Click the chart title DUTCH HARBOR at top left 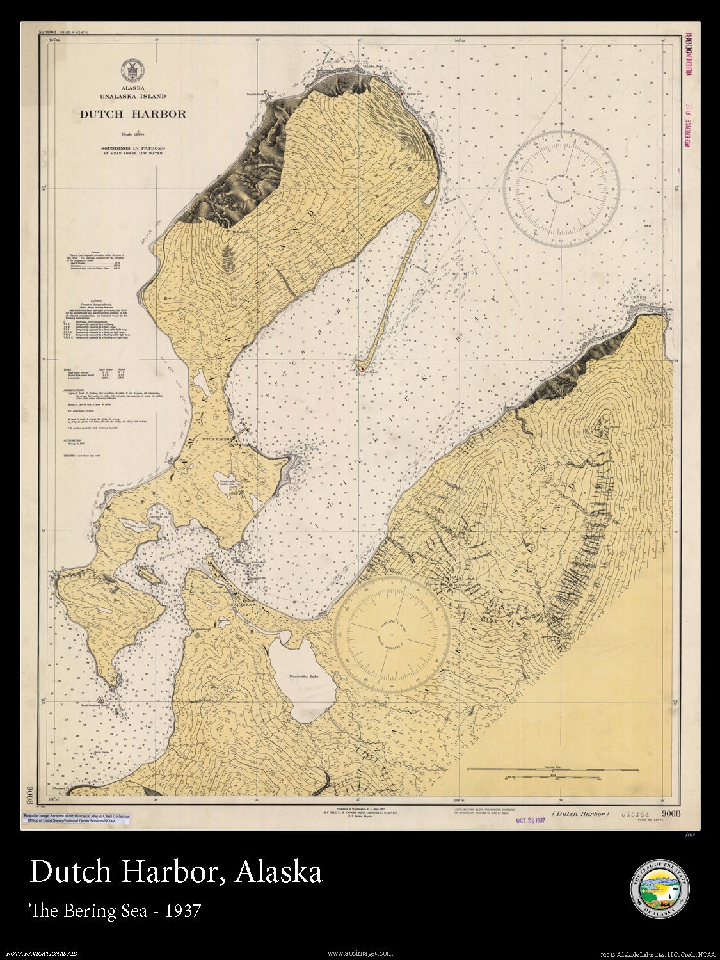tap(132, 115)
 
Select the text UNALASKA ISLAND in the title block tap(132, 96)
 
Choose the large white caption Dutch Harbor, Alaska tap(176, 872)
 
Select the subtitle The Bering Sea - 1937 tap(116, 910)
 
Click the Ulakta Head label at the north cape tap(373, 65)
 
